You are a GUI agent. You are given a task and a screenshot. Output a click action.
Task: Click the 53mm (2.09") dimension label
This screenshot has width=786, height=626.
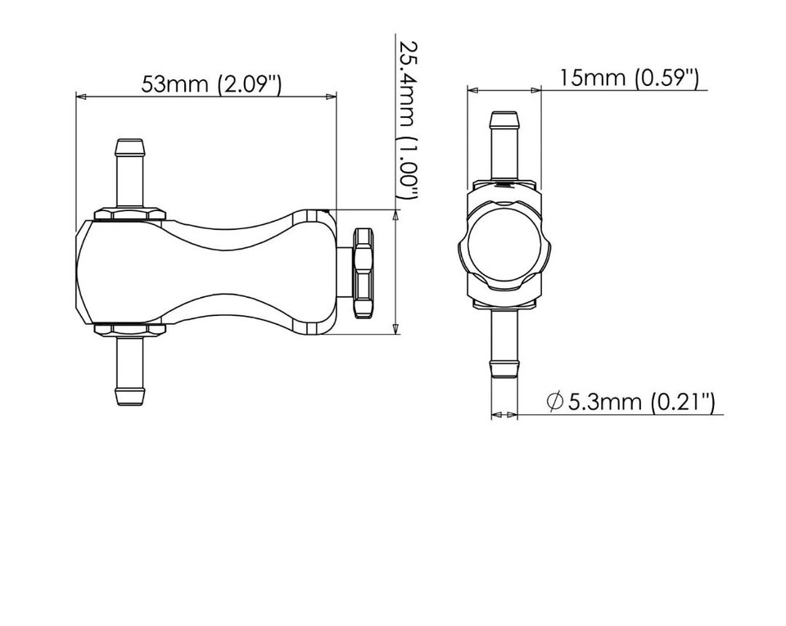(211, 84)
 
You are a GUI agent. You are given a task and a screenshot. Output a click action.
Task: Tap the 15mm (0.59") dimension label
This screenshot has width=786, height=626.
(630, 78)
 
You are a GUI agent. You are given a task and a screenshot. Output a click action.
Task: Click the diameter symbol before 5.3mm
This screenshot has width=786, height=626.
(555, 401)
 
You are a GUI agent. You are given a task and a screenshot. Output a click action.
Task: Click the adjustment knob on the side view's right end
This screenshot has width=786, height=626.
(362, 273)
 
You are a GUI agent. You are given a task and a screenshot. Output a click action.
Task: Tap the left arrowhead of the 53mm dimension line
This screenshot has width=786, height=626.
(80, 97)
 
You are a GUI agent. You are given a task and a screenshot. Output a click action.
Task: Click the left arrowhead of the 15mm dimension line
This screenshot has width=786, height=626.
(472, 89)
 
